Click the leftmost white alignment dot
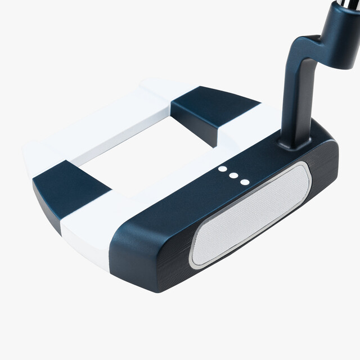click(x=223, y=169)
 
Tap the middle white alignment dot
click(x=233, y=175)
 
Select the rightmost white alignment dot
click(x=244, y=181)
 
